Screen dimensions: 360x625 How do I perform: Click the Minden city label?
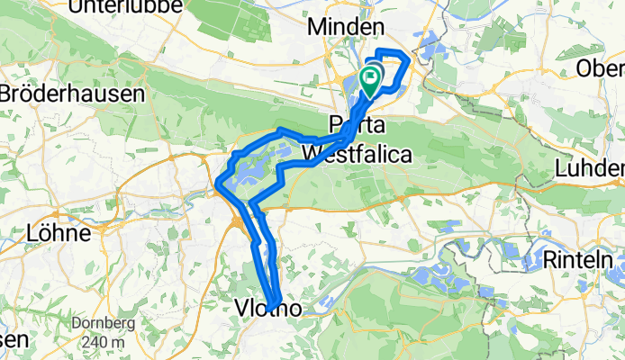tap(347, 27)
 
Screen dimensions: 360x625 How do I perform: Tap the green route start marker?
tap(370, 80)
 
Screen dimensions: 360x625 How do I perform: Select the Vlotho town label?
tap(267, 309)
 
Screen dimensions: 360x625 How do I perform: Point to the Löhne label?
tap(59, 233)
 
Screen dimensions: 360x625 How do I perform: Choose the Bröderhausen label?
tap(72, 93)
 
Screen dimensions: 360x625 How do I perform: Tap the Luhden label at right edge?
tap(590, 167)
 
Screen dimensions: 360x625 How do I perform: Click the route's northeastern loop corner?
tap(410, 60)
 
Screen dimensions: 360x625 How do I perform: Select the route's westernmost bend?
tap(219, 186)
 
